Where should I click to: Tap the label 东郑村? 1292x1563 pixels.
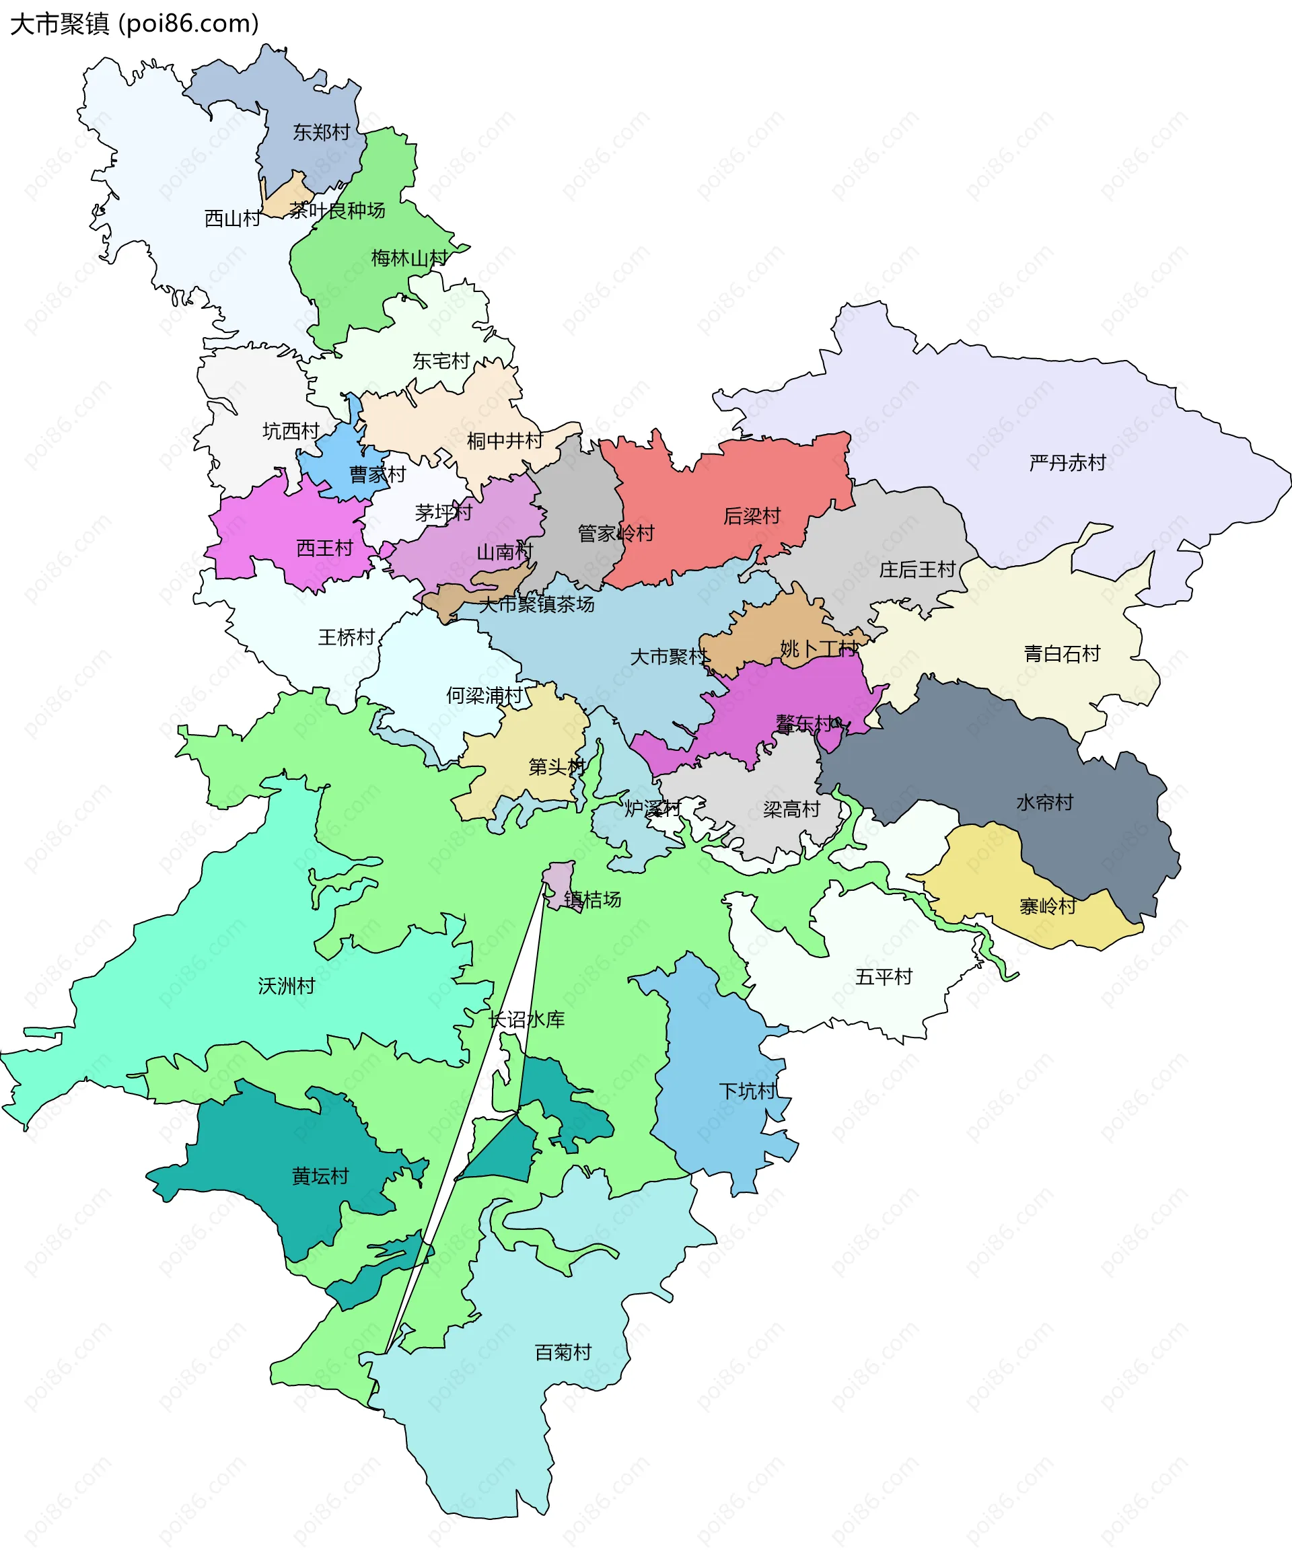pyautogui.click(x=321, y=133)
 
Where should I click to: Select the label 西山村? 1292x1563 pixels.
pyautogui.click(x=232, y=218)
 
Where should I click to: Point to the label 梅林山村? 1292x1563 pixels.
pyautogui.click(x=409, y=258)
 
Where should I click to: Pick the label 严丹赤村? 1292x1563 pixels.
pyautogui.click(x=1067, y=463)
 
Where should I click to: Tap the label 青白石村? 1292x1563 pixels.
pyautogui.click(x=1062, y=653)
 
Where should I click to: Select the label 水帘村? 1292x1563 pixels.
pyautogui.click(x=1044, y=802)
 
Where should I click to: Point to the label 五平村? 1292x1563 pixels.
pyautogui.click(x=884, y=976)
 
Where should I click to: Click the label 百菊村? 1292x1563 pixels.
pyautogui.click(x=563, y=1352)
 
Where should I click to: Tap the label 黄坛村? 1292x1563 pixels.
pyautogui.click(x=320, y=1176)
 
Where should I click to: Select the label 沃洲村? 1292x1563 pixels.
pyautogui.click(x=287, y=986)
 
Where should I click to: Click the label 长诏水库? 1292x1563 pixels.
pyautogui.click(x=526, y=1019)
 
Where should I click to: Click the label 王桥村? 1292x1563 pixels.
pyautogui.click(x=346, y=637)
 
